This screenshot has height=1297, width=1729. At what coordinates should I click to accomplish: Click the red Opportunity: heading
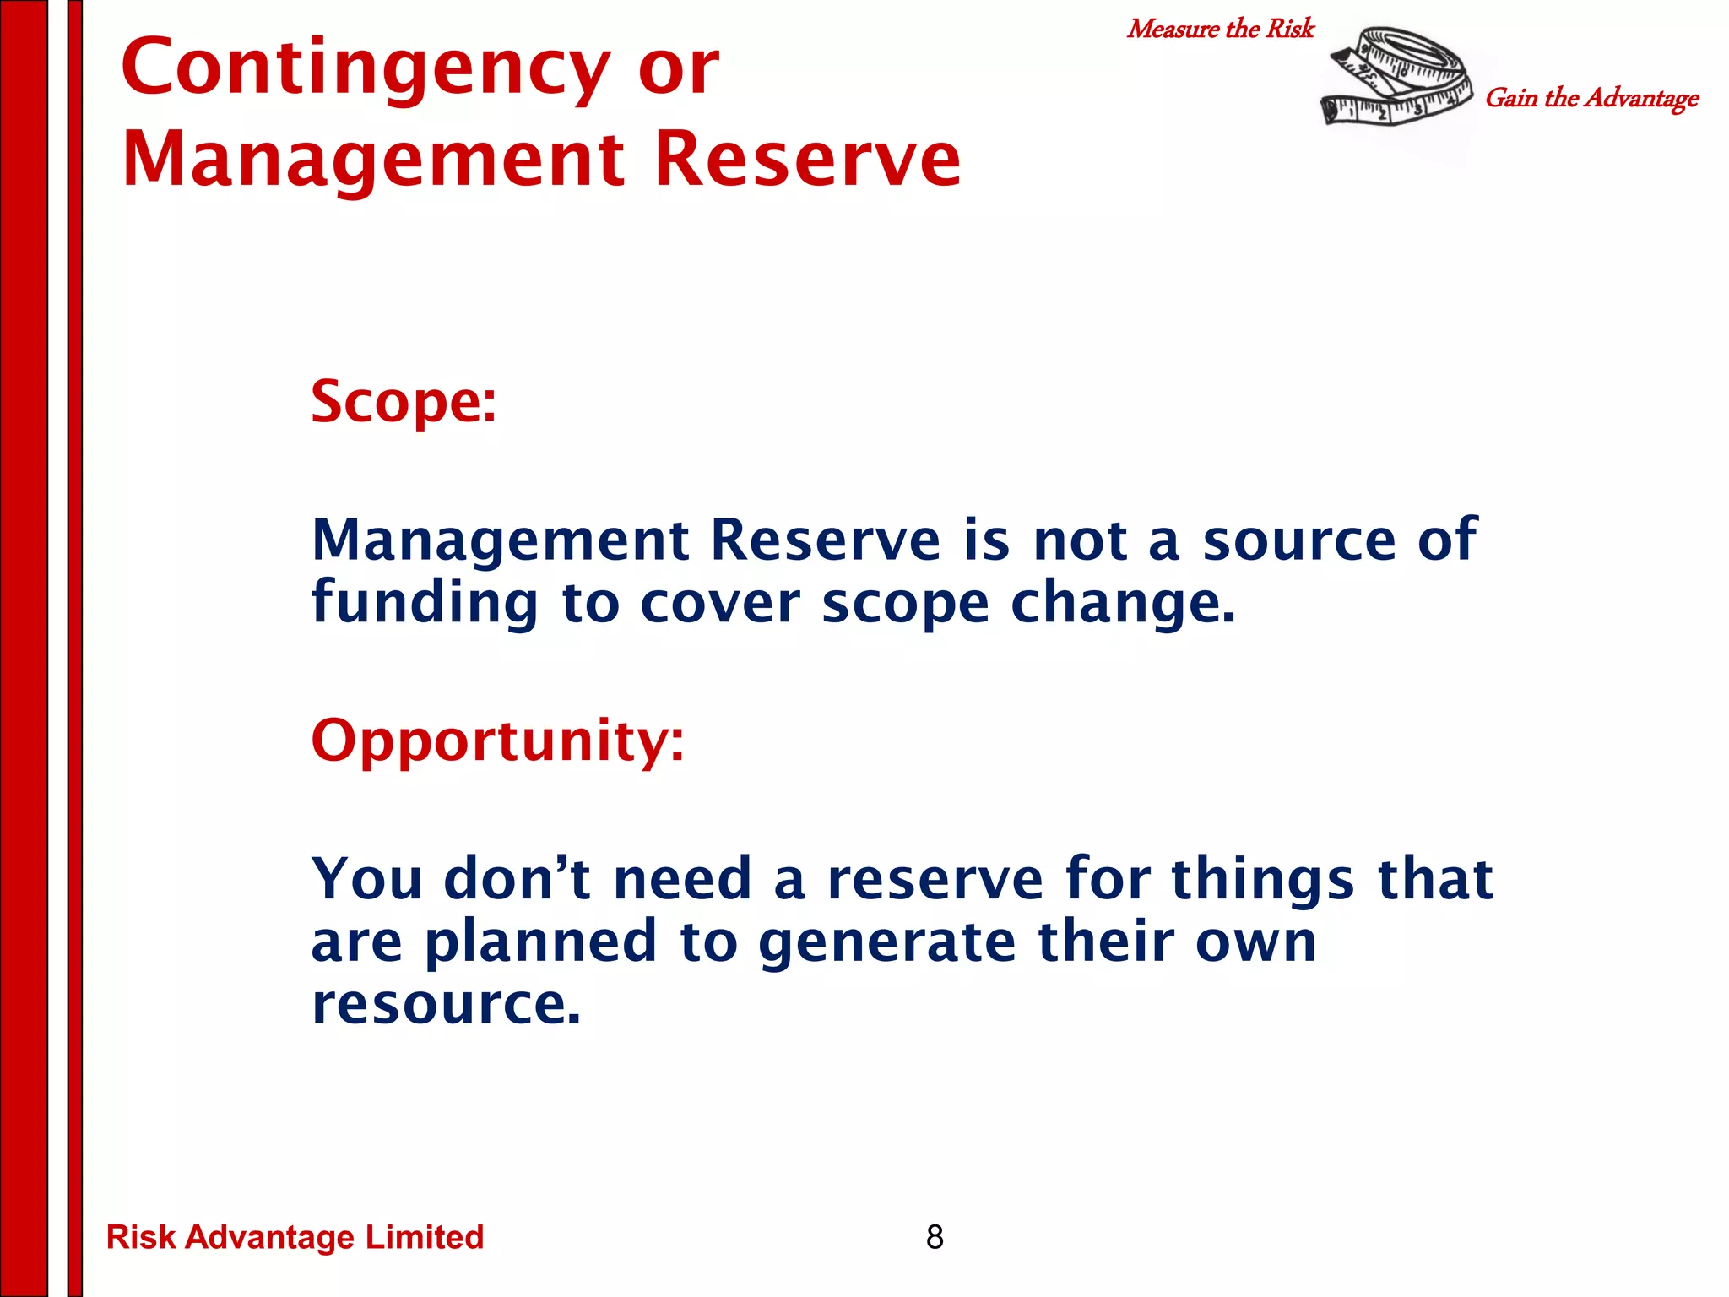(x=497, y=741)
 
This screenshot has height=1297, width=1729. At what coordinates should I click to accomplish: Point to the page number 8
(x=935, y=1237)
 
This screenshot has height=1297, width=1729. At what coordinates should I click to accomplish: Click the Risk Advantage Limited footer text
(x=295, y=1237)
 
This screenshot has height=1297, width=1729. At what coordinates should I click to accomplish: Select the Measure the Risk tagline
(x=1220, y=29)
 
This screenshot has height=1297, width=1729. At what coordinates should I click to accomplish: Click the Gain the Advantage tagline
(x=1591, y=98)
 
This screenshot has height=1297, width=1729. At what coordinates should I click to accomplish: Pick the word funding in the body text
(x=425, y=603)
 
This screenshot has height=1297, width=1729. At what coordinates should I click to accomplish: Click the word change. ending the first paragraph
(x=1123, y=603)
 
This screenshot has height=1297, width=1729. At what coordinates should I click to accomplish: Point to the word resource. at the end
(x=447, y=1005)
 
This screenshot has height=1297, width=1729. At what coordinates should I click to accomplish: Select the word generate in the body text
(x=886, y=943)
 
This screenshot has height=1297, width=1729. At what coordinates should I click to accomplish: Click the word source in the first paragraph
(x=1298, y=540)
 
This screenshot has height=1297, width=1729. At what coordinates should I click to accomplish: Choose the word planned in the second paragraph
(x=540, y=943)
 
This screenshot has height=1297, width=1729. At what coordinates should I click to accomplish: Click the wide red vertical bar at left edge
(x=24, y=648)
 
